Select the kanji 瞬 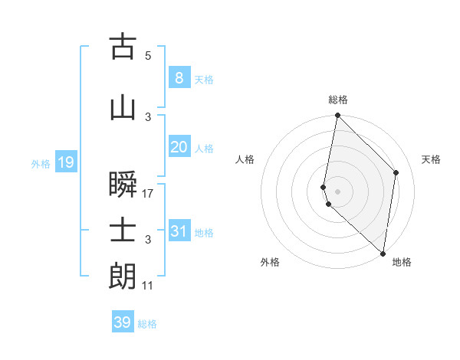tap(123, 185)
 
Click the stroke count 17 tap(148, 194)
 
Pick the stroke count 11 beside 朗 tap(148, 286)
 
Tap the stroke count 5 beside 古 tap(148, 56)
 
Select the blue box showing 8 tap(179, 78)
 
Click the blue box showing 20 tap(179, 147)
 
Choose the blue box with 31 tap(179, 231)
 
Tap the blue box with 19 tap(65, 162)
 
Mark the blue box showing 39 tap(122, 322)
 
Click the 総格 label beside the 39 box tap(147, 324)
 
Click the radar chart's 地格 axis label tap(402, 262)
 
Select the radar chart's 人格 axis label tap(245, 159)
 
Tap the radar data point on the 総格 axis tap(337, 116)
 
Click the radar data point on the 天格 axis tap(396, 172)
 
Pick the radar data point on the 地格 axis tap(383, 254)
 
